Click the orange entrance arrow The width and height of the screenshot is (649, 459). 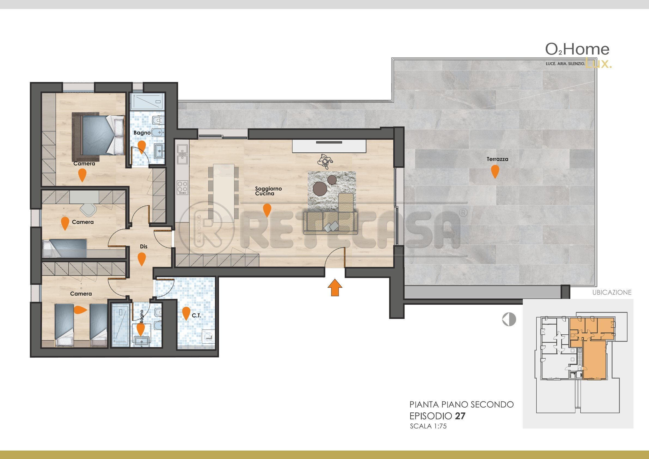tap(335, 288)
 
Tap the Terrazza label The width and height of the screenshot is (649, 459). tap(497, 159)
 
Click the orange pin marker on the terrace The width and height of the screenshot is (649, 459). tap(495, 171)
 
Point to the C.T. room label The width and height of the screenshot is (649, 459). tap(197, 316)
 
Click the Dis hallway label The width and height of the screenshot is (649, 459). tap(144, 247)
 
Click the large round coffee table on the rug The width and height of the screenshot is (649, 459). tap(320, 189)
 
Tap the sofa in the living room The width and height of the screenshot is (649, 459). tap(330, 222)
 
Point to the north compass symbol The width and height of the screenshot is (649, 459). tap(509, 319)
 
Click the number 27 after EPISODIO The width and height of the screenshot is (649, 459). tap(460, 416)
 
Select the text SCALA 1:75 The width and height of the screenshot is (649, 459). tap(428, 426)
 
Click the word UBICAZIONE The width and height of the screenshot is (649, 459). tap(612, 292)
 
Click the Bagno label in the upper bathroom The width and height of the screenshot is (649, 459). tap(142, 133)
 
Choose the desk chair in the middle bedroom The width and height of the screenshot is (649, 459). tap(89, 209)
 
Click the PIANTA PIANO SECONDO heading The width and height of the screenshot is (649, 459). tap(461, 405)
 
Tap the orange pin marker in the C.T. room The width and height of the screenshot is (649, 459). tap(186, 313)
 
